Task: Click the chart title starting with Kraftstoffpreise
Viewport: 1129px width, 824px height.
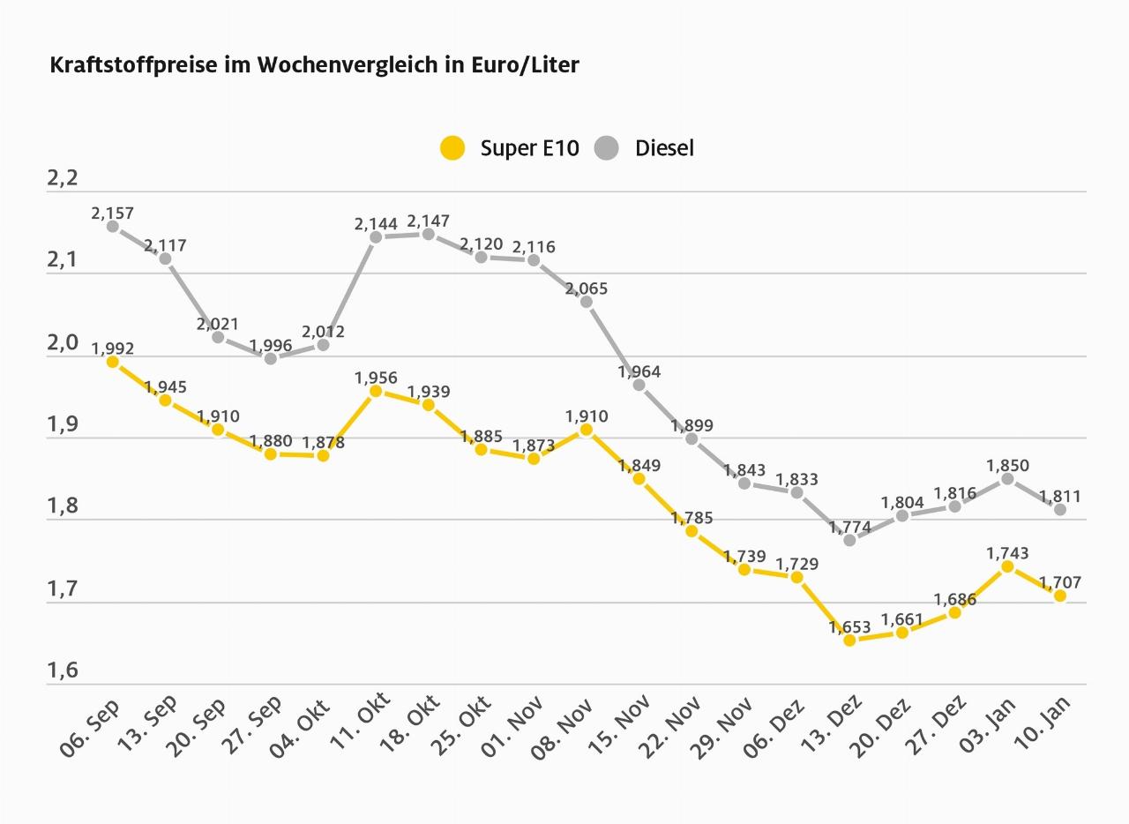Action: pyautogui.click(x=315, y=65)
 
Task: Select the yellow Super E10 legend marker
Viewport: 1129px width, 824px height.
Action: pyautogui.click(x=452, y=148)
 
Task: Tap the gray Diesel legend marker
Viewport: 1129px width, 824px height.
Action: pyautogui.click(x=607, y=148)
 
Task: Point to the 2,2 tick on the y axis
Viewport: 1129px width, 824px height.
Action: pyautogui.click(x=63, y=178)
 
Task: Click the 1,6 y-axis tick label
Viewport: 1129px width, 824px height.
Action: pyautogui.click(x=63, y=670)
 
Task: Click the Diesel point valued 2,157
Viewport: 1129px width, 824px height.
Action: pyautogui.click(x=113, y=227)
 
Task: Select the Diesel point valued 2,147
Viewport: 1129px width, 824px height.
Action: pyautogui.click(x=429, y=234)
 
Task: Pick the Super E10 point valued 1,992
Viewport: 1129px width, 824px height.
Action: pyautogui.click(x=113, y=362)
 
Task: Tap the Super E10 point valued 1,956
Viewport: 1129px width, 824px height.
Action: pyautogui.click(x=376, y=391)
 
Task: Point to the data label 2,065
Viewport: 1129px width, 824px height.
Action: pyautogui.click(x=587, y=288)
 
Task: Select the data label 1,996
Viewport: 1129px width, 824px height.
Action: pyautogui.click(x=271, y=345)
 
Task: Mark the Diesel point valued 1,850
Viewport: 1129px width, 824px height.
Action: pyautogui.click(x=1007, y=479)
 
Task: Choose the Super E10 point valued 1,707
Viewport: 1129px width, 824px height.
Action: pyautogui.click(x=1060, y=596)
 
